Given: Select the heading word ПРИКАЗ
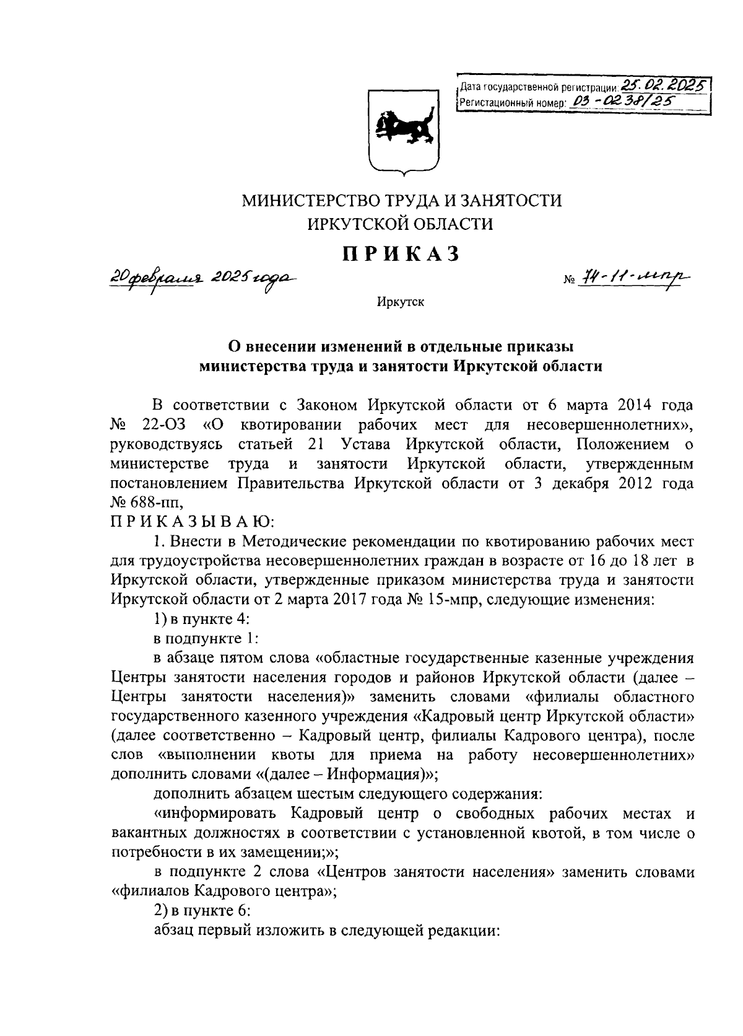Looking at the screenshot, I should (402, 254).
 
